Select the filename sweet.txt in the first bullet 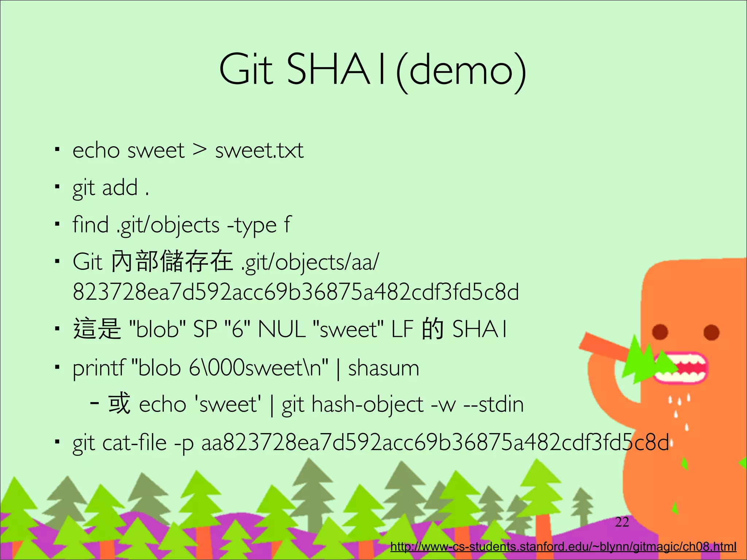pyautogui.click(x=259, y=150)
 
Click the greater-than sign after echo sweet pyautogui.click(x=200, y=149)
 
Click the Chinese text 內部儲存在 pyautogui.click(x=172, y=262)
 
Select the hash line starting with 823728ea pyautogui.click(x=295, y=292)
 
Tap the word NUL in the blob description pyautogui.click(x=282, y=329)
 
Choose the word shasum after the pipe pyautogui.click(x=384, y=367)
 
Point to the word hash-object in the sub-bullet pyautogui.click(x=367, y=405)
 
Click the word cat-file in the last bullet pyautogui.click(x=134, y=443)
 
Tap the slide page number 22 pyautogui.click(x=622, y=522)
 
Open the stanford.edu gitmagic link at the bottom pyautogui.click(x=563, y=547)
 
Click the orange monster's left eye pyautogui.click(x=660, y=332)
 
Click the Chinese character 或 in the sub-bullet pyautogui.click(x=119, y=404)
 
